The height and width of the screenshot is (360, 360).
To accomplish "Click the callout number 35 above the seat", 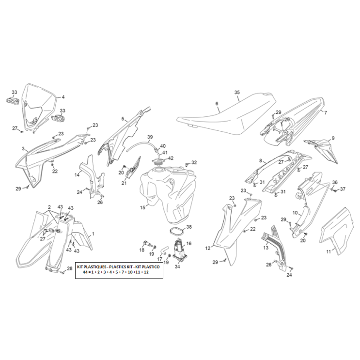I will (x=237, y=92).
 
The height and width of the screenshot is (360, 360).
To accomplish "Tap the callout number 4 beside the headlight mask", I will (x=63, y=97).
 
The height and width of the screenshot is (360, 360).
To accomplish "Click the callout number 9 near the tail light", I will (x=333, y=139).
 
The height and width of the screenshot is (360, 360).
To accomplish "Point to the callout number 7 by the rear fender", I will (x=326, y=112).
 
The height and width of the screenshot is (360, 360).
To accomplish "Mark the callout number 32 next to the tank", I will (x=194, y=162).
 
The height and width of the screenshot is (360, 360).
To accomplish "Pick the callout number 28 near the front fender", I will (x=69, y=268).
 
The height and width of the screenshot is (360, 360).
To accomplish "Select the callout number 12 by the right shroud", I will (x=207, y=248).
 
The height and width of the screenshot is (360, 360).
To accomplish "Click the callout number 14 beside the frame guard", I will (x=77, y=174).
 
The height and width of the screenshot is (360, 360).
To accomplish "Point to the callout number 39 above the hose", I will (x=150, y=137).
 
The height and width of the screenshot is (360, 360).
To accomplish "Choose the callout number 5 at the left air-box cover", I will (x=123, y=118).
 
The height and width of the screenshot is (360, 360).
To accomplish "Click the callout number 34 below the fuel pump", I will (x=177, y=266).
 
